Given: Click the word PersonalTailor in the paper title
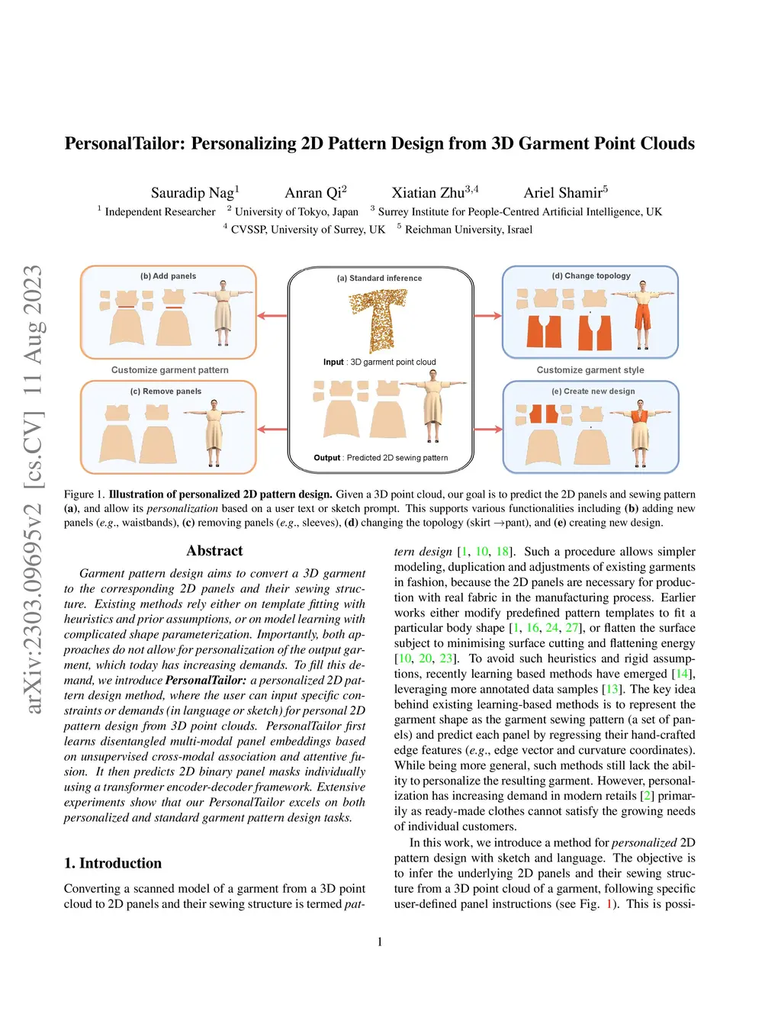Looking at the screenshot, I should click(x=124, y=143).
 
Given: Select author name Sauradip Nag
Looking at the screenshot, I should click(x=192, y=193).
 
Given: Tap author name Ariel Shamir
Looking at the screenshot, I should click(x=563, y=193).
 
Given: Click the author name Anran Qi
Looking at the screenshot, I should click(x=313, y=193).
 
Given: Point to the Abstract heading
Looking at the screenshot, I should click(x=214, y=551).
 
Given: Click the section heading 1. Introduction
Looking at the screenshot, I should click(x=113, y=863).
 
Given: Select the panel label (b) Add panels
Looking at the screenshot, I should click(x=168, y=276).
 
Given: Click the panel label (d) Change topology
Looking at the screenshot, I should click(x=591, y=276).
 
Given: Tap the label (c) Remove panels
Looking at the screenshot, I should click(x=166, y=391).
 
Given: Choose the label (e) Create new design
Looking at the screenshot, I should click(x=593, y=391).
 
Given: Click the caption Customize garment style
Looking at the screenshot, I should click(x=590, y=370).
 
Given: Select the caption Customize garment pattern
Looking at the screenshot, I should click(x=169, y=370).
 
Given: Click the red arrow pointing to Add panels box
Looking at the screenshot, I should click(x=272, y=315).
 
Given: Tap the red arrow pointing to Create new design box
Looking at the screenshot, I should click(x=488, y=429).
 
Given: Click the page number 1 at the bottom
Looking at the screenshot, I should click(x=380, y=942).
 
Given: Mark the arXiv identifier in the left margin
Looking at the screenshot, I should click(x=34, y=488).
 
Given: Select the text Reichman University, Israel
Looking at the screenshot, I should click(x=468, y=230).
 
